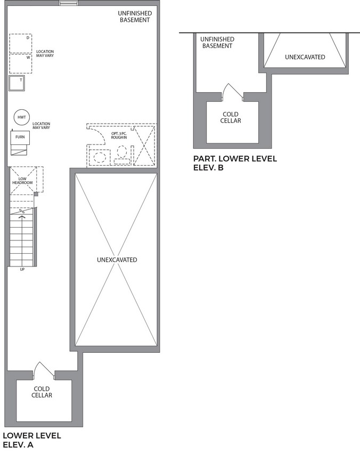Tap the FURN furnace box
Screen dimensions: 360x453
tap(20, 137)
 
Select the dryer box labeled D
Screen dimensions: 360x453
tap(20, 44)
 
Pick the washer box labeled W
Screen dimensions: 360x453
tap(20, 63)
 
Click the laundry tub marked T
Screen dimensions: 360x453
tap(17, 83)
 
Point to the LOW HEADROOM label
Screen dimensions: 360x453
tap(22, 181)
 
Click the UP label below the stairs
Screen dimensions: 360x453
tap(22, 270)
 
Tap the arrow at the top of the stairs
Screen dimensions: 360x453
tap(22, 219)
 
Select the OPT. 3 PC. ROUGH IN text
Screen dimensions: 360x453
tap(119, 135)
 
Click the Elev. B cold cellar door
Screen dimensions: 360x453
tap(232, 92)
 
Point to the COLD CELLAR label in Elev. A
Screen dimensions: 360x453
tap(42, 392)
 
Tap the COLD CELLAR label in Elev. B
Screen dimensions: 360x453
tap(231, 118)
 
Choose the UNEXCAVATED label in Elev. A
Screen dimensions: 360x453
tap(117, 260)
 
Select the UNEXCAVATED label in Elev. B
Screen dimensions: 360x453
tap(305, 57)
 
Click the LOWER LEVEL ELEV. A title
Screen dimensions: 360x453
tap(32, 440)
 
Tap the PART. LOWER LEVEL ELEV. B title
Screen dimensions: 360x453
tap(235, 163)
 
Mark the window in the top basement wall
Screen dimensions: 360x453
tap(69, 3)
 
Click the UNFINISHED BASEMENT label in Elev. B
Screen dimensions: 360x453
tap(217, 43)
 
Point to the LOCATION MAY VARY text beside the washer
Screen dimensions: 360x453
tap(45, 53)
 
